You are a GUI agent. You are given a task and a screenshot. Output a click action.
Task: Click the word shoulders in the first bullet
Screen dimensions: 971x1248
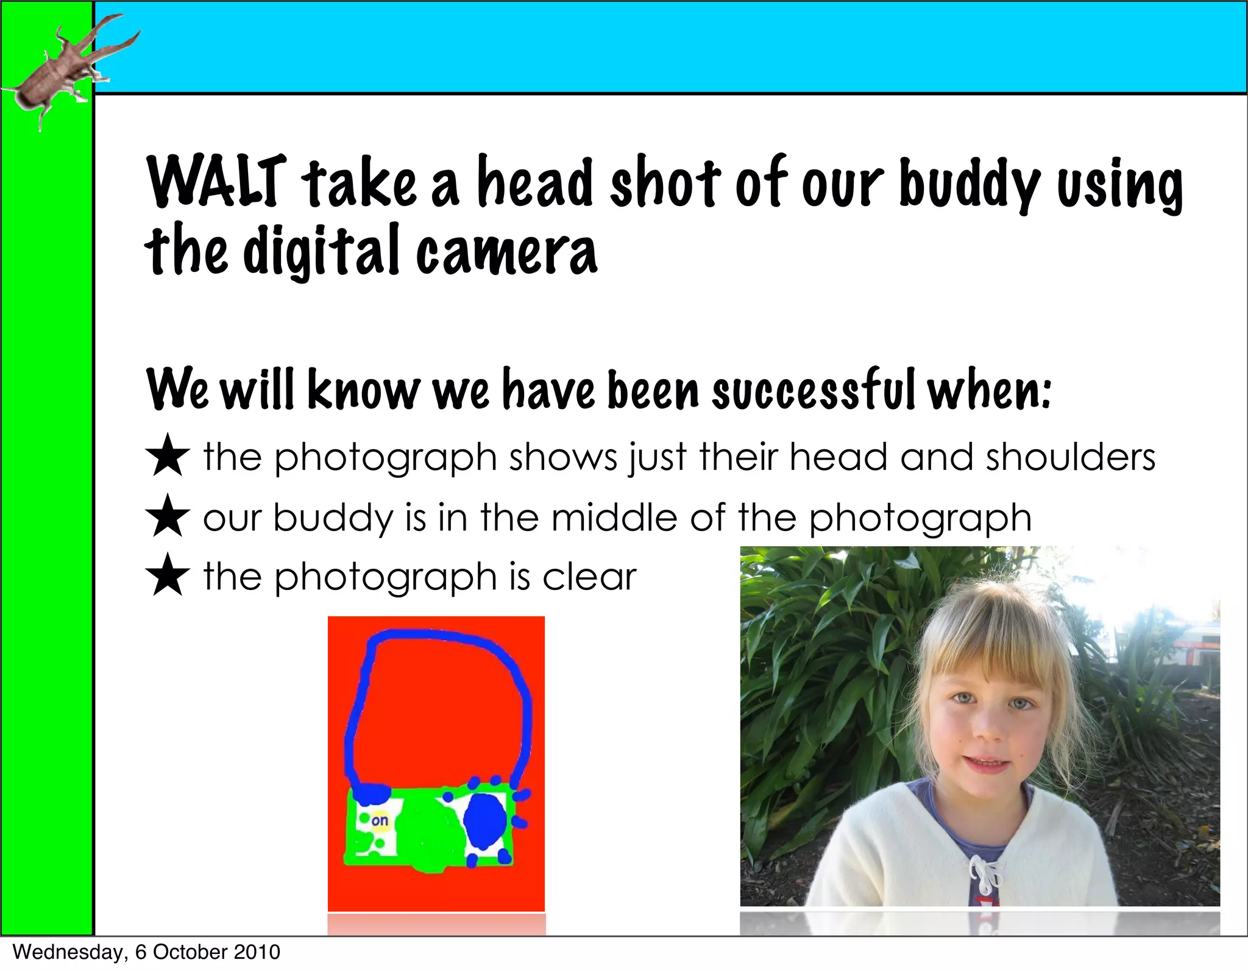pos(1070,457)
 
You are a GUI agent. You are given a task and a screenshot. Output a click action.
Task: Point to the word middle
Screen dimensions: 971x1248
pos(614,518)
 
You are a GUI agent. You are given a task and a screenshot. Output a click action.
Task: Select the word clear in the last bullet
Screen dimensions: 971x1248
pos(589,576)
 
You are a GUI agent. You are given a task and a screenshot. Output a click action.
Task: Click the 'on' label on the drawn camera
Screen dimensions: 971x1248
pos(380,820)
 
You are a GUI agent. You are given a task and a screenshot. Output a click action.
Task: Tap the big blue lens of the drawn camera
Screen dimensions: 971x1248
pos(485,821)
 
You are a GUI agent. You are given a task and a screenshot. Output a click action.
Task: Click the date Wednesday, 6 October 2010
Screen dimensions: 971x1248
pos(146,952)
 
